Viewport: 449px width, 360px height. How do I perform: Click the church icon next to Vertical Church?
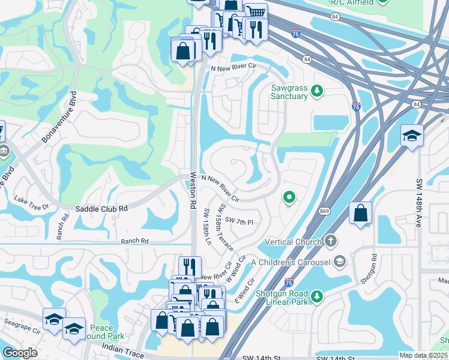[x=330, y=241]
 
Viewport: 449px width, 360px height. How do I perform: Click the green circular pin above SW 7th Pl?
[x=289, y=197]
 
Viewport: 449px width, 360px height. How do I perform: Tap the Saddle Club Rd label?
[x=101, y=208]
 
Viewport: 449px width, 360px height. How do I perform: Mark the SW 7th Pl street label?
[x=239, y=221]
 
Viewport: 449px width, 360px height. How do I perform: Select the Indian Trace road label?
[x=122, y=350]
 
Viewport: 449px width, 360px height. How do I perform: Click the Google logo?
[x=20, y=352]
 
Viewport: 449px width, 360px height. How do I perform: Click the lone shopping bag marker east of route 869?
[x=360, y=214]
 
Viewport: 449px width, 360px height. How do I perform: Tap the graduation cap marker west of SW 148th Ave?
[x=412, y=136]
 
